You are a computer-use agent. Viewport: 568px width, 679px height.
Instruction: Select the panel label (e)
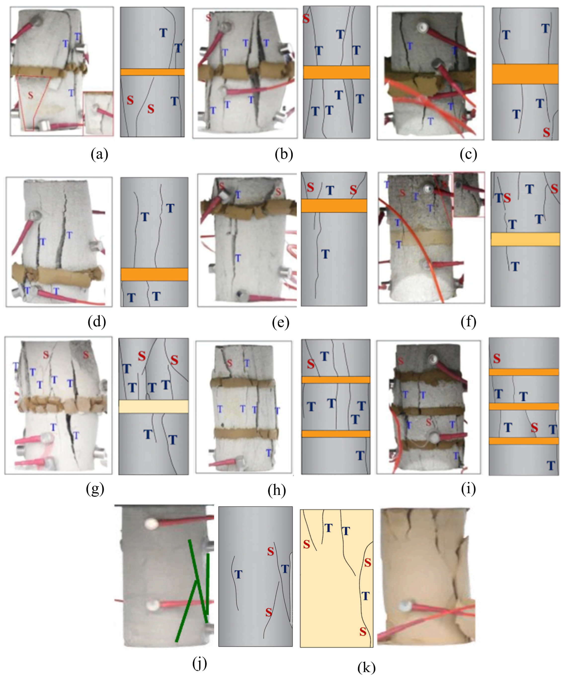(x=281, y=322)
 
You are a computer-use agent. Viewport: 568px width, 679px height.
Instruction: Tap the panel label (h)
(x=277, y=490)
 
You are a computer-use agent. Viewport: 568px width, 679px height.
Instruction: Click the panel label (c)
(x=468, y=154)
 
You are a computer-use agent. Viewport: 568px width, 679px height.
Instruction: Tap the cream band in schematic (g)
(x=154, y=406)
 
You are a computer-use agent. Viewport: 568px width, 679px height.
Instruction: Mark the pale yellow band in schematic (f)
(x=525, y=239)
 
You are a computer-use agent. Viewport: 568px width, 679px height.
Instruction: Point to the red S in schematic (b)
(x=306, y=19)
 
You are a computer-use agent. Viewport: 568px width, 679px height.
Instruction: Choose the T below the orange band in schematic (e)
(x=325, y=254)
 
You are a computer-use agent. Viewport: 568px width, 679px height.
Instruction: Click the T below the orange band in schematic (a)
(x=174, y=101)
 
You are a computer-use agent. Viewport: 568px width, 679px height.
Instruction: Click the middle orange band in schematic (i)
(x=524, y=406)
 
